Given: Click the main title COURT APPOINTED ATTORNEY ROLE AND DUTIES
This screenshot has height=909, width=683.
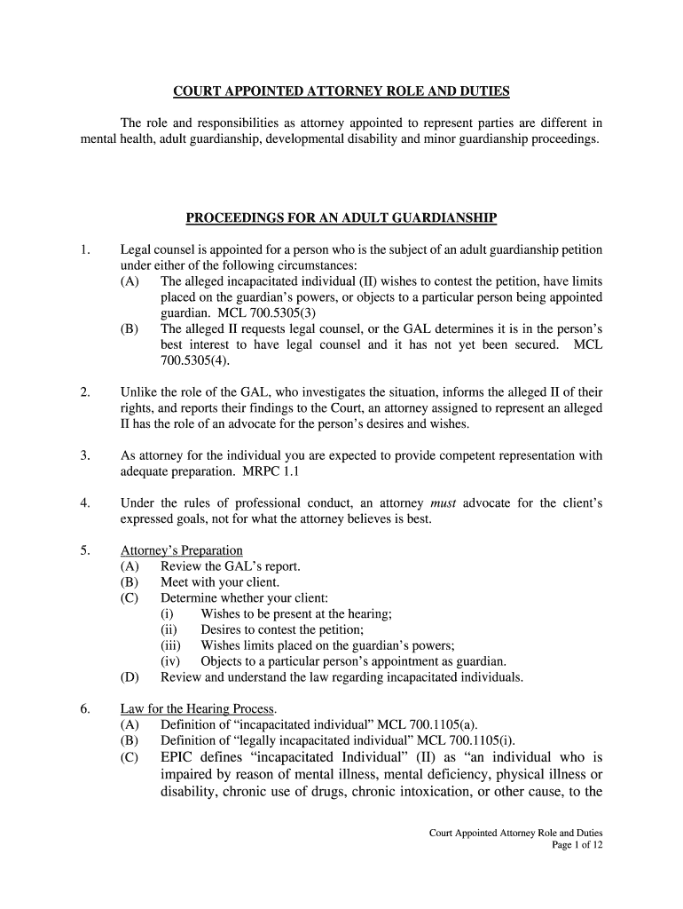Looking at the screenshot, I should click(x=341, y=91).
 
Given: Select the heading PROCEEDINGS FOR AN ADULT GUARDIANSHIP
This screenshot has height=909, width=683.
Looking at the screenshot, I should click(x=341, y=217).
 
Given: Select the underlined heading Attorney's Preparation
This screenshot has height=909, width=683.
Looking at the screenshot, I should click(x=181, y=550).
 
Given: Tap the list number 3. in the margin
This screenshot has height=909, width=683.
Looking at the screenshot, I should click(x=85, y=455).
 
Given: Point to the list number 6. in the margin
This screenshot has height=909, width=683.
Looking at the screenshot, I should click(x=85, y=708).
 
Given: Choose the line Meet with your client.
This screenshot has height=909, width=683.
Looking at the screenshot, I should click(x=220, y=582).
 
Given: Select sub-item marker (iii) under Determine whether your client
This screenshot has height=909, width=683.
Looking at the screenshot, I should click(x=171, y=645).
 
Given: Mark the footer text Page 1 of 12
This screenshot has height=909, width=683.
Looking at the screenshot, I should click(x=577, y=846).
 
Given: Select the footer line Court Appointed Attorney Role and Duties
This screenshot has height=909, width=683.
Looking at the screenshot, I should click(x=515, y=833).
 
